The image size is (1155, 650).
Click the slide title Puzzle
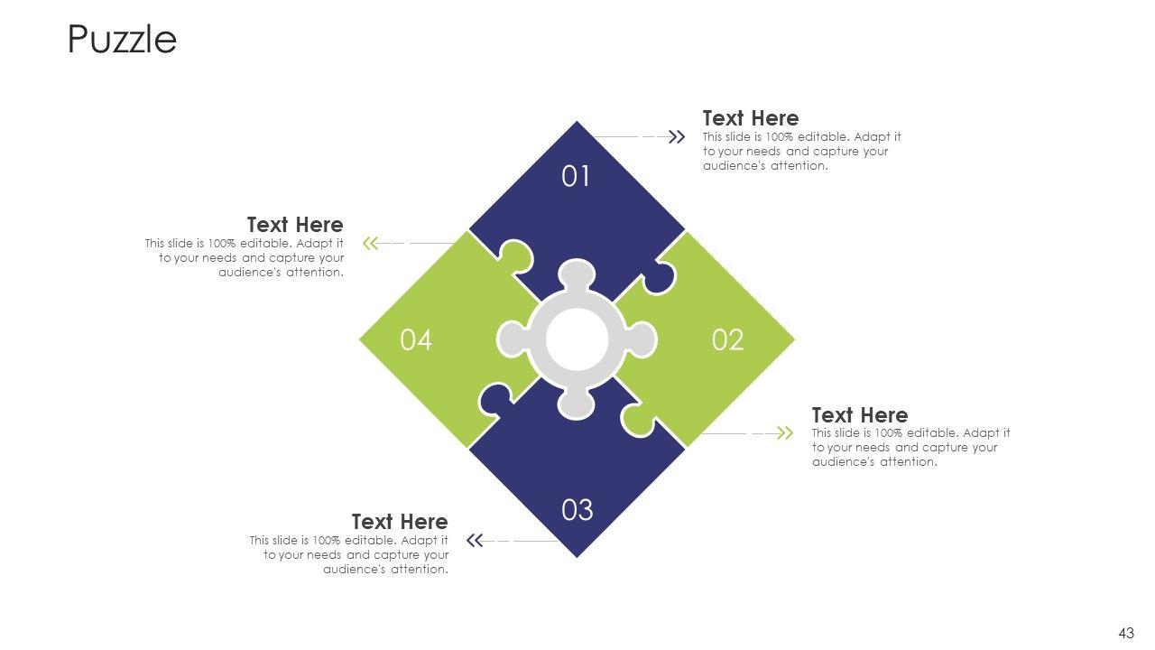point(122,40)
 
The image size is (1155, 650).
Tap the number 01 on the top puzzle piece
point(576,177)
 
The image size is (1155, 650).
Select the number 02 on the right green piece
point(727,340)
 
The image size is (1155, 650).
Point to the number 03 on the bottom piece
point(577,511)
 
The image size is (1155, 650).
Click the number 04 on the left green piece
point(416,340)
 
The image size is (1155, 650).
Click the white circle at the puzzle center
point(577,340)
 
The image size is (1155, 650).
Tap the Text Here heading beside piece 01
point(750,118)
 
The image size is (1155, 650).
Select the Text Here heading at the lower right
point(859,415)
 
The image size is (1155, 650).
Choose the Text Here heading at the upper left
point(295,225)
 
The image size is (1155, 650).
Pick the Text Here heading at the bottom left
point(399,522)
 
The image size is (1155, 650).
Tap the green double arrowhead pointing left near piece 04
point(370,243)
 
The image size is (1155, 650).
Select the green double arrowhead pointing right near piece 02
point(785,433)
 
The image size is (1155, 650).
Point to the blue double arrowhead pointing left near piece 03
point(475,541)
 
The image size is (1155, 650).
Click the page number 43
point(1125,634)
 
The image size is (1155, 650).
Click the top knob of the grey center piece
point(577,274)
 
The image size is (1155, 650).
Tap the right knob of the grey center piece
point(642,340)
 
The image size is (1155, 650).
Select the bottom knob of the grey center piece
point(577,405)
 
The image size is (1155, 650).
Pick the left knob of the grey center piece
point(511,340)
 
